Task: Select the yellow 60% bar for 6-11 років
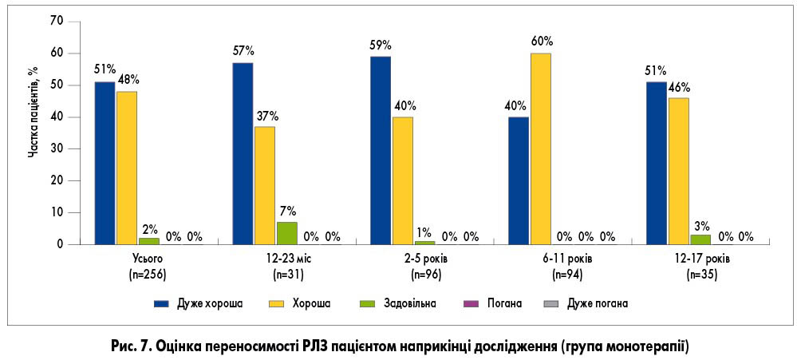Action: (x=540, y=148)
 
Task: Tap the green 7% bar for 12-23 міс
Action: (x=286, y=233)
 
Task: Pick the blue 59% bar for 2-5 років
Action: (x=381, y=150)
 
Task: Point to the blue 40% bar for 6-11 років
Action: (x=519, y=180)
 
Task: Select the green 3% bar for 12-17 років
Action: (x=700, y=239)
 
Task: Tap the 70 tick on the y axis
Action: (x=55, y=22)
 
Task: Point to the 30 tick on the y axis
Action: (x=55, y=149)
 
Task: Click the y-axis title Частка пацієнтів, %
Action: (x=34, y=112)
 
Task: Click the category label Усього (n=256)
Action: (x=148, y=267)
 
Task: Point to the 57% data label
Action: (x=243, y=51)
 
